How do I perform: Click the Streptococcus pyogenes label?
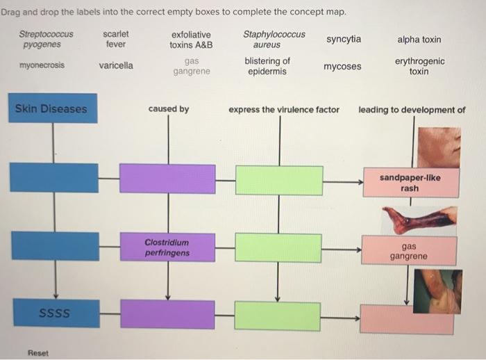(x=46, y=40)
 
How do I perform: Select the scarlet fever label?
(x=116, y=39)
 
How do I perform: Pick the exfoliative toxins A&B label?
(x=191, y=40)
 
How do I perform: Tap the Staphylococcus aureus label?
(x=274, y=40)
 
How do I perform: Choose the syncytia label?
(x=344, y=39)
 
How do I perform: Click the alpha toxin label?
(x=419, y=40)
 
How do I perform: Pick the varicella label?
(x=116, y=66)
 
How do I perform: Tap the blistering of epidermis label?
(x=267, y=66)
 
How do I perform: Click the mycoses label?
(x=342, y=67)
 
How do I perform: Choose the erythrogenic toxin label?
(x=419, y=66)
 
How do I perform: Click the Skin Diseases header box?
(x=53, y=109)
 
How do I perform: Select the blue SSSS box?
(x=54, y=313)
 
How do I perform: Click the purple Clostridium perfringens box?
(x=167, y=247)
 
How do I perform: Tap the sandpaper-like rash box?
(x=410, y=183)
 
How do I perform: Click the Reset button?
(x=39, y=352)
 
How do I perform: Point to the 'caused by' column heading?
(x=168, y=109)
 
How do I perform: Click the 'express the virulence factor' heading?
(x=284, y=109)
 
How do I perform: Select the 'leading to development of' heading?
(x=412, y=109)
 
